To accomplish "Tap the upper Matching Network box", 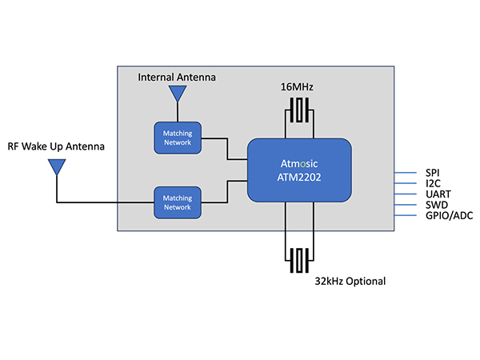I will [x=177, y=138].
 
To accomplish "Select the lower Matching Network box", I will [x=177, y=202].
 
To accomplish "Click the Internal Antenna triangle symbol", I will [x=176, y=94].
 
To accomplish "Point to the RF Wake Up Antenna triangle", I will [x=56, y=167].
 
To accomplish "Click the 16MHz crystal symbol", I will [x=300, y=110].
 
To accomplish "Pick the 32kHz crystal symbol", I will [x=300, y=261].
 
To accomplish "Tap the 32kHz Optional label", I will [x=350, y=281].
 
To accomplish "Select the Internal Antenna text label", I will [x=177, y=77].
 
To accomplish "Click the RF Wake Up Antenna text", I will [x=57, y=146].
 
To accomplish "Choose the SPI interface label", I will [x=432, y=172].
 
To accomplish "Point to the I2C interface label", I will [x=432, y=183].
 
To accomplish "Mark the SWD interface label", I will [x=434, y=206].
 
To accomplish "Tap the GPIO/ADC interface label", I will [x=448, y=217].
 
